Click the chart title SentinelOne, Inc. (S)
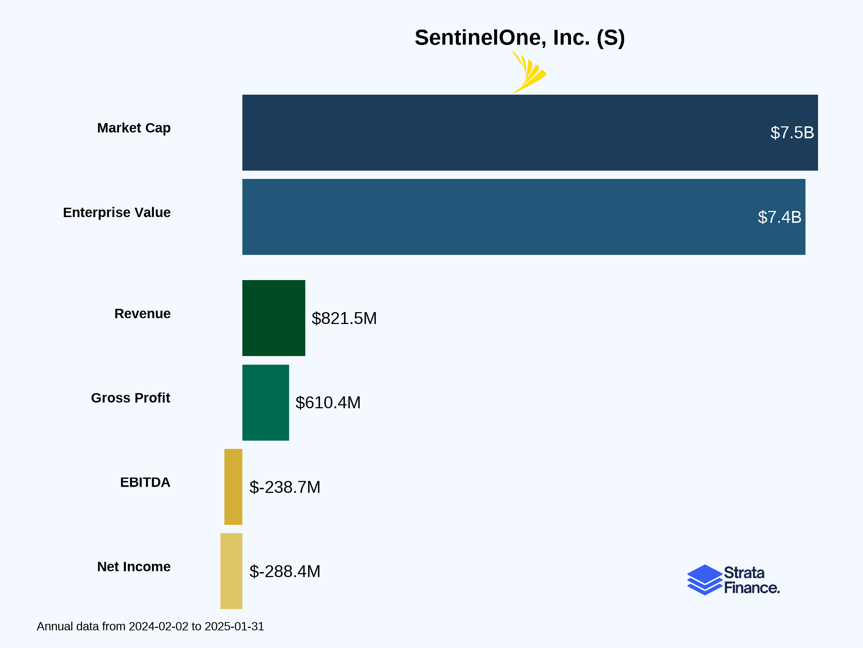click(x=519, y=38)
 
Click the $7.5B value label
click(x=792, y=133)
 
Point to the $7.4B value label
click(x=779, y=217)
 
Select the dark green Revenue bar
click(x=274, y=318)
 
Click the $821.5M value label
click(x=344, y=318)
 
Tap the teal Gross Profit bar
click(x=265, y=402)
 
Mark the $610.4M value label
click(x=328, y=403)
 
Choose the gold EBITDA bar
click(x=233, y=487)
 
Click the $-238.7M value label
click(x=285, y=487)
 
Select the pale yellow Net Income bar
click(x=231, y=571)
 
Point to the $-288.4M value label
click(x=285, y=571)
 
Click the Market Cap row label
click(x=133, y=128)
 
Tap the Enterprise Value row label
click(x=117, y=212)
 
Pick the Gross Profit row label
click(x=130, y=398)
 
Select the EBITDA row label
click(x=145, y=482)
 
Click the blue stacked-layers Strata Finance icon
click(x=704, y=580)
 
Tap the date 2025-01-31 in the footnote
click(x=234, y=626)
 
